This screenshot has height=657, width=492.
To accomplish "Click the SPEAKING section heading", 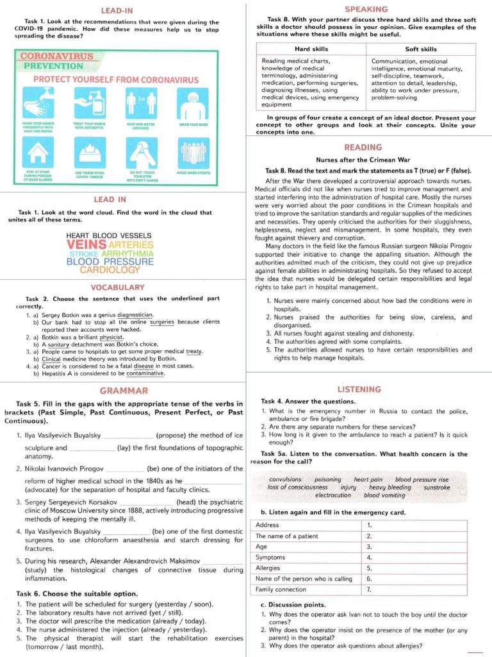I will point(366,9).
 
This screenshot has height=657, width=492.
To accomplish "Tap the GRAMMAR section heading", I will point(124,390).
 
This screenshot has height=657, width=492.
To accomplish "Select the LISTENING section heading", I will point(359,389).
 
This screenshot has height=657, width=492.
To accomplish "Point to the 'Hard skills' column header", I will point(311,49).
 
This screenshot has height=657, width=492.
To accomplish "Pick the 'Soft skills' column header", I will point(421,49).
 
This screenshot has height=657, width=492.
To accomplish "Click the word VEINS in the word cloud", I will point(86,244).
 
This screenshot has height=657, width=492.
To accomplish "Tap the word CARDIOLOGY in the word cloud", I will point(110,270).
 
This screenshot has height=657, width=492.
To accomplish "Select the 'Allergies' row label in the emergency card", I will point(268,568).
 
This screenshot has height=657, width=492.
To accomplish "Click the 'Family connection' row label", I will point(281,589).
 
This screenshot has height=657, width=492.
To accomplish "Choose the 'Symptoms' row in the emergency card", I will point(270,558).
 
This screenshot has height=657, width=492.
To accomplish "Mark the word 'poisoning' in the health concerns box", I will point(328,479).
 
